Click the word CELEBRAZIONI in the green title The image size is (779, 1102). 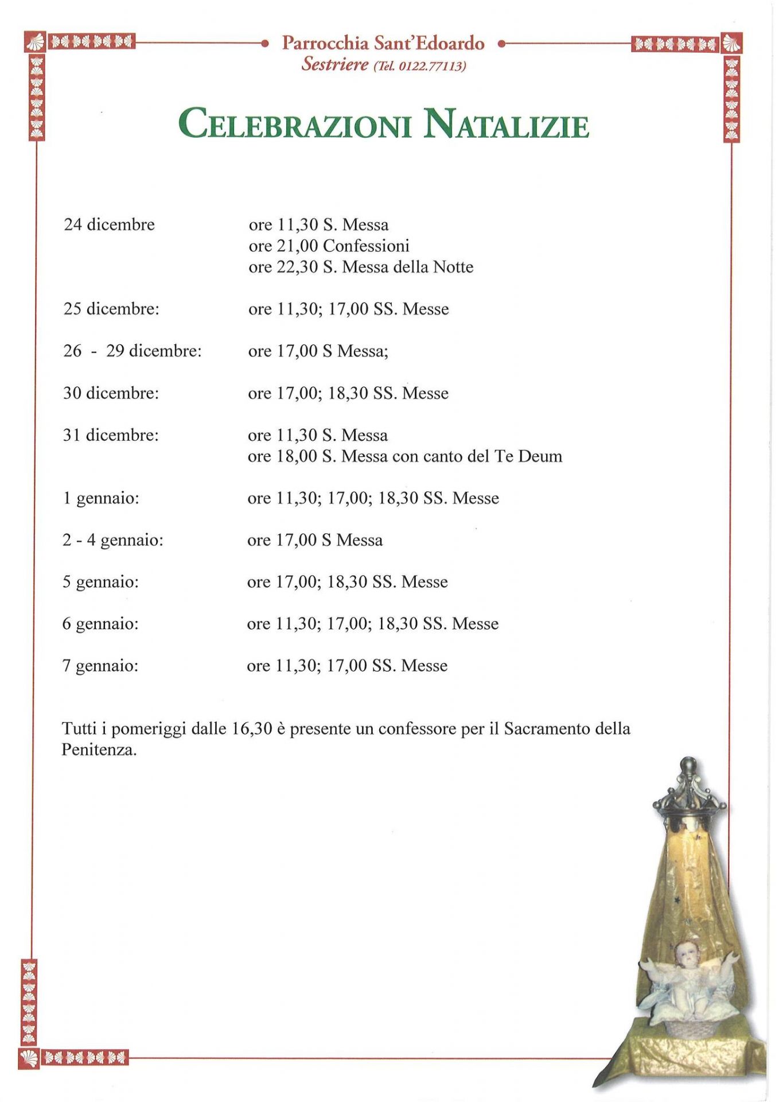pyautogui.click(x=295, y=125)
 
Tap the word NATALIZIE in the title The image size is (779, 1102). pyautogui.click(x=507, y=125)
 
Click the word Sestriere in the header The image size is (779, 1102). pyautogui.click(x=335, y=64)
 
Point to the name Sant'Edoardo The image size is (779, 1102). pyautogui.click(x=429, y=43)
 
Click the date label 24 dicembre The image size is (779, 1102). pyautogui.click(x=109, y=224)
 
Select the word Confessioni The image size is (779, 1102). pyautogui.click(x=366, y=246)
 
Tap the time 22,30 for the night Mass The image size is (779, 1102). pyautogui.click(x=297, y=267)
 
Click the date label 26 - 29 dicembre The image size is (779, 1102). pyautogui.click(x=132, y=351)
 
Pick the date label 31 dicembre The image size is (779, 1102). pyautogui.click(x=111, y=435)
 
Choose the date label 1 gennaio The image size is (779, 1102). pyautogui.click(x=101, y=498)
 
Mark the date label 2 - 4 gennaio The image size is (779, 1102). pyautogui.click(x=113, y=540)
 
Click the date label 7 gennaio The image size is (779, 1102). pyautogui.click(x=100, y=666)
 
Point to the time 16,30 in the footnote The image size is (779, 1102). pyautogui.click(x=252, y=729)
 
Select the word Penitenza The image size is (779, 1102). pyautogui.click(x=99, y=750)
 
